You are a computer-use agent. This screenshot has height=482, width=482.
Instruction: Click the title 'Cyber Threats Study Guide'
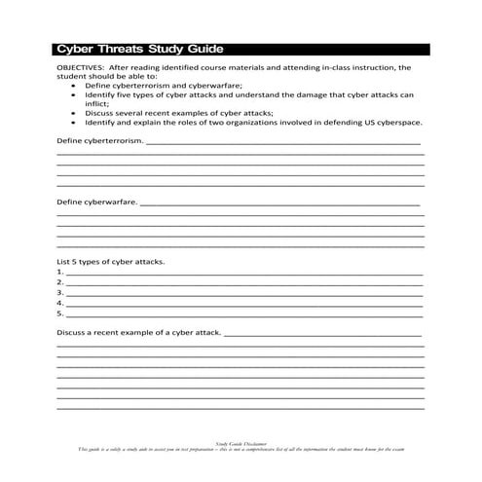click(140, 48)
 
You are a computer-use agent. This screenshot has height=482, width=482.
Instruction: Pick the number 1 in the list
click(60, 274)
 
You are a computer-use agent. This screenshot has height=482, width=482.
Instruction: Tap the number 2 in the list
click(60, 283)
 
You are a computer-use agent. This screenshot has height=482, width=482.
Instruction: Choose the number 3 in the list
click(60, 293)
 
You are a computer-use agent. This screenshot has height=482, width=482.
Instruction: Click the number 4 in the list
click(60, 304)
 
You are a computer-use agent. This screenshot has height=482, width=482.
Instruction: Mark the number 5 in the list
click(60, 314)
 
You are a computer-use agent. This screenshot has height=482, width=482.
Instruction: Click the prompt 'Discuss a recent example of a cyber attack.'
click(139, 333)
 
